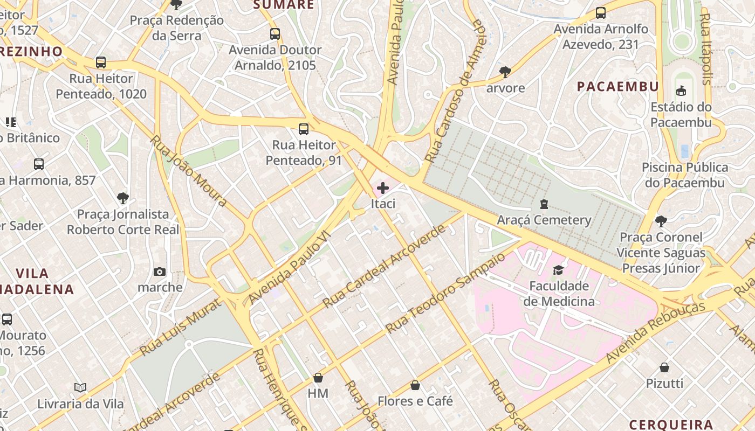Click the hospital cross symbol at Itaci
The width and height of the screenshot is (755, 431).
(383, 188)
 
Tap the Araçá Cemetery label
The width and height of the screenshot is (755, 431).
(544, 220)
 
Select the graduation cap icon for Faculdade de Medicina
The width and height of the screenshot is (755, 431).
(558, 270)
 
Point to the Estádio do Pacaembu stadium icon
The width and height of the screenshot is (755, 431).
(681, 91)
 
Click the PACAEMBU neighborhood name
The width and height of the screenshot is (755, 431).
(617, 87)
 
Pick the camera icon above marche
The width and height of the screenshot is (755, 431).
(160, 272)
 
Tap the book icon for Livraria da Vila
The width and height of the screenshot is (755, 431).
(80, 387)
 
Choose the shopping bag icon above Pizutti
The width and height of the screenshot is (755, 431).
(664, 367)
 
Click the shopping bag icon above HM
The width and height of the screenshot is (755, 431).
(318, 378)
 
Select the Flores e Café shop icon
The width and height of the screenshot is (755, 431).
(415, 385)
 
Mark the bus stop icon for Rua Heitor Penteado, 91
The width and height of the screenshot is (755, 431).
(304, 129)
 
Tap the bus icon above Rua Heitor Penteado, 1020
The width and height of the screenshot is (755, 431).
(101, 62)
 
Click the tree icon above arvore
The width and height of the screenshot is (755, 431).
(505, 71)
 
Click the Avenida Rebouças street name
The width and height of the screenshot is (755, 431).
(655, 332)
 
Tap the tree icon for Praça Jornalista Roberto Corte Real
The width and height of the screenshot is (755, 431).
(123, 198)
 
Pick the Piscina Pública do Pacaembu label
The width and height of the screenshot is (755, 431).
(685, 175)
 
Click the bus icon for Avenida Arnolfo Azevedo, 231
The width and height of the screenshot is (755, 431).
(601, 13)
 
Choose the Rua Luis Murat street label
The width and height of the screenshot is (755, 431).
(180, 327)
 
